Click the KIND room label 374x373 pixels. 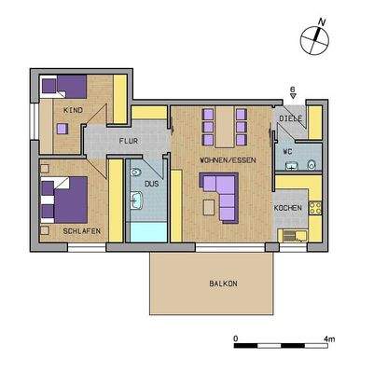(x=72, y=110)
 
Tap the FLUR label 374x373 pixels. (x=128, y=141)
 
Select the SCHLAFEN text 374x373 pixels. (x=82, y=229)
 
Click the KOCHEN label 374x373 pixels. (x=286, y=207)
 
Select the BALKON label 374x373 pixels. (x=222, y=283)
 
